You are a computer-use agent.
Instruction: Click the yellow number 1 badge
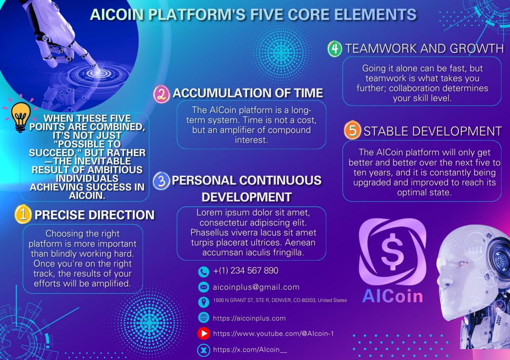[23, 214]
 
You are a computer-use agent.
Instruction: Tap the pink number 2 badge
[161, 94]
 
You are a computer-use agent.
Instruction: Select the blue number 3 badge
[161, 181]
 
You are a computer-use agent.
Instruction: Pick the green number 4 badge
[335, 49]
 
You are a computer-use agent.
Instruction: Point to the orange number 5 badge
[353, 130]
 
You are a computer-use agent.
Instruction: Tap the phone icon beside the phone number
[204, 272]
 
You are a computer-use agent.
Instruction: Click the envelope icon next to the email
[204, 287]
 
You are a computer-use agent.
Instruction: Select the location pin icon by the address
[204, 302]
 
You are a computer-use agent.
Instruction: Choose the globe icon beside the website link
[204, 317]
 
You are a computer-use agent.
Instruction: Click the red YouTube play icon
[204, 333]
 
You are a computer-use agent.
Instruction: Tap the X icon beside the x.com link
[204, 350]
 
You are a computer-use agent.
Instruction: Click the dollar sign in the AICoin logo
[392, 251]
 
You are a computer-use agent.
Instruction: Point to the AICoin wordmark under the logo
[392, 296]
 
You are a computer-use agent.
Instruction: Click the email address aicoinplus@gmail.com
[256, 287]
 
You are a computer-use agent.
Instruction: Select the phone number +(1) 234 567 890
[246, 270]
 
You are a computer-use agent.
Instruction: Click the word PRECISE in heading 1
[59, 215]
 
